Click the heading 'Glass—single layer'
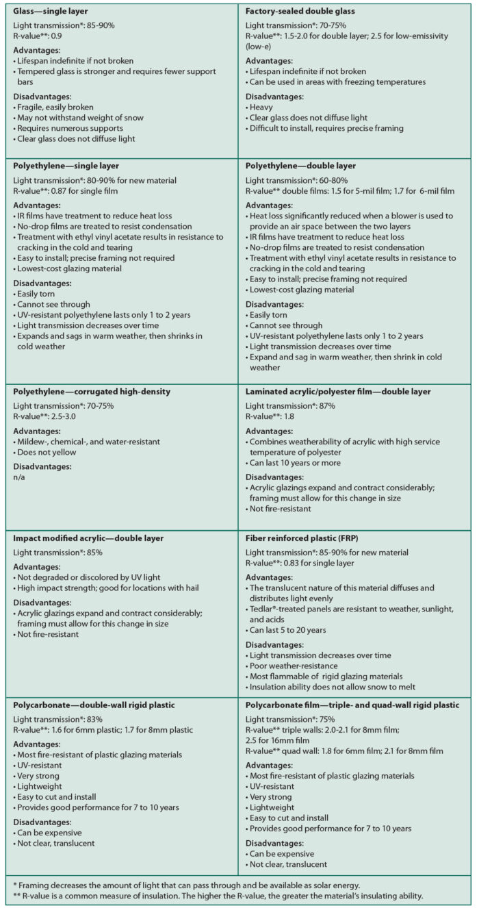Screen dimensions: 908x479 pos(50,12)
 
